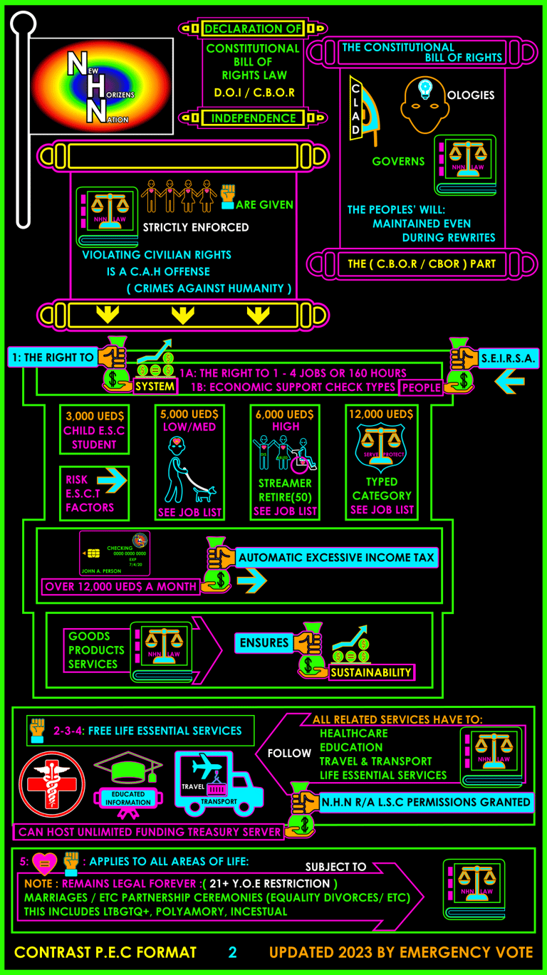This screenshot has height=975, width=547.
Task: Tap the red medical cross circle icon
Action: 52,784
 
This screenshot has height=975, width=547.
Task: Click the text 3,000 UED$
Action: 94,416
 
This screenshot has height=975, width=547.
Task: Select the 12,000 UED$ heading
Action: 380,414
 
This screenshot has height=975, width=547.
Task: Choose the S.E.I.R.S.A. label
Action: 508,358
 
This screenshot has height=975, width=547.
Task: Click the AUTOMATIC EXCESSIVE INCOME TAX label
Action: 336,558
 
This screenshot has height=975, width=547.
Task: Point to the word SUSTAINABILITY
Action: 371,672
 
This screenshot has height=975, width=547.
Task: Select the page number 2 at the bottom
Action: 232,953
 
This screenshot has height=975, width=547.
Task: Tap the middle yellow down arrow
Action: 183,315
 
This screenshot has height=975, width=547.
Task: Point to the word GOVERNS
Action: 398,162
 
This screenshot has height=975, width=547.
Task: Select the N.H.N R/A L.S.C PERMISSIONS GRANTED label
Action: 426,802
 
